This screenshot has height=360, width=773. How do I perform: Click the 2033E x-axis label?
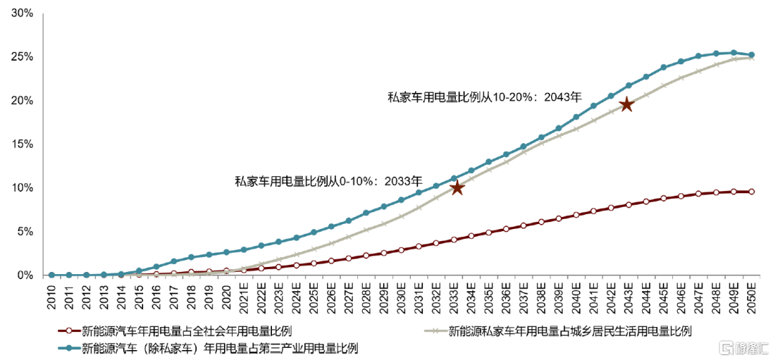point(454,294)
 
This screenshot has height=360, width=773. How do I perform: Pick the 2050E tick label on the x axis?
point(751,294)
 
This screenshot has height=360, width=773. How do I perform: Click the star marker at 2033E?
point(457,188)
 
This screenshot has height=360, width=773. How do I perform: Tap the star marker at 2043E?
point(626,104)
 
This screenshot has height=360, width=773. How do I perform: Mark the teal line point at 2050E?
point(751,54)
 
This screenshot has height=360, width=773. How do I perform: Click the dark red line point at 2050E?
point(751,192)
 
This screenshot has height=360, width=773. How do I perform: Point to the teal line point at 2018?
point(191,258)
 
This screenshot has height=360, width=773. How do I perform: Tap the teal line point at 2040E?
point(576,117)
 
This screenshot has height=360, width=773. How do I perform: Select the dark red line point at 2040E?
point(576,215)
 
